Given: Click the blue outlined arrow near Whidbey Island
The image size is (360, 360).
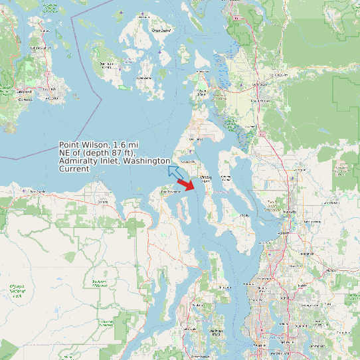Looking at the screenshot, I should point(176,172).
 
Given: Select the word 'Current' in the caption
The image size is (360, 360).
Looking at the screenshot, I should point(74,169).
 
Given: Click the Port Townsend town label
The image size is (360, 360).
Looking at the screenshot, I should point(170,192).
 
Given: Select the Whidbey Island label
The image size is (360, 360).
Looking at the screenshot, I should point(205,179).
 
